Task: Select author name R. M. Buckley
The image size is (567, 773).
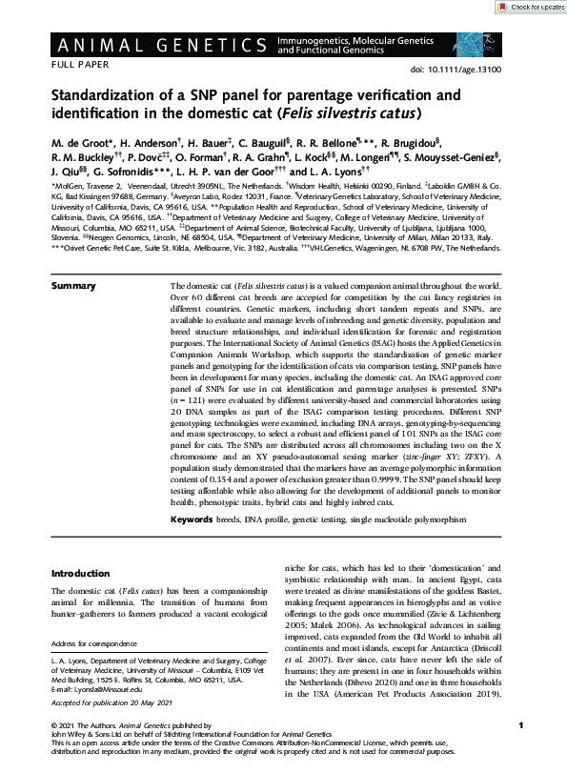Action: (x=85, y=159)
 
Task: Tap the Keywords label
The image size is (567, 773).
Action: (x=197, y=519)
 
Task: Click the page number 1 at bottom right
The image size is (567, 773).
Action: (x=515, y=722)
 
